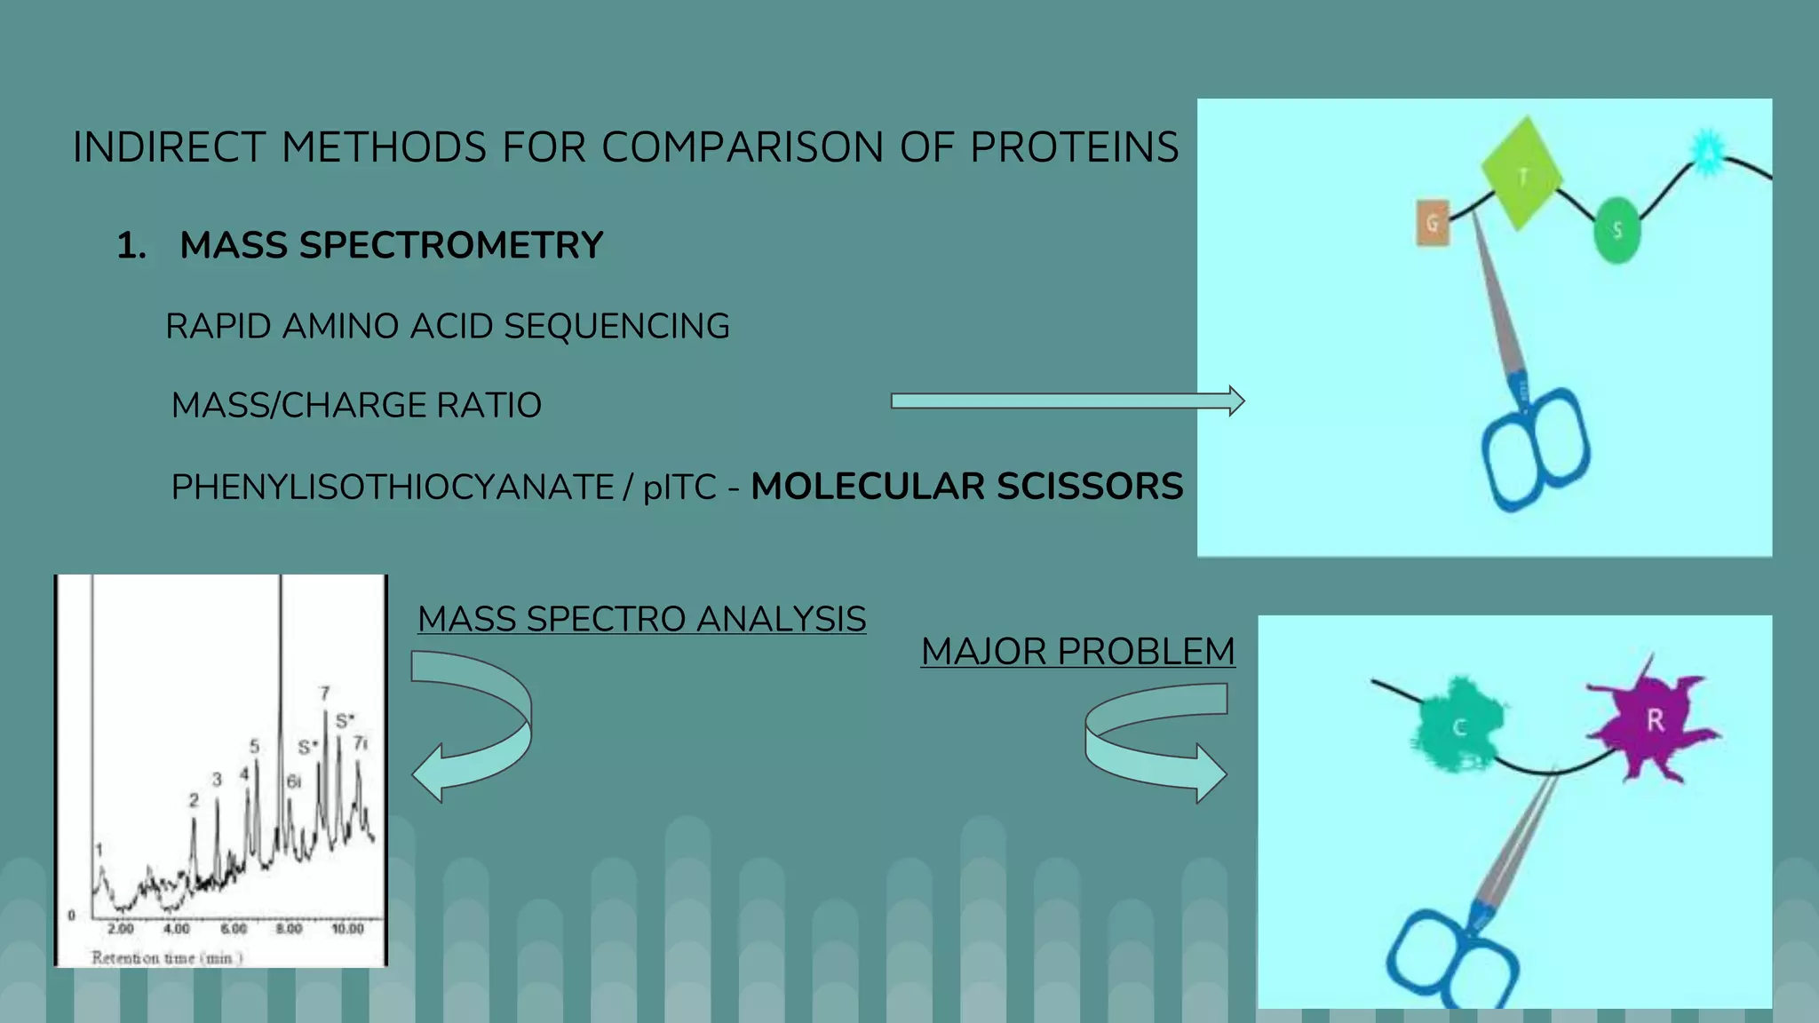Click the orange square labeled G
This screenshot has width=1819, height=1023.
(1432, 222)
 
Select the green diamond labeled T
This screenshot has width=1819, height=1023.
(1522, 174)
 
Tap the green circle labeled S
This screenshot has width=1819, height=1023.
(1616, 231)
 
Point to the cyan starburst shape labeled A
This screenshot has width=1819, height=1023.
(1707, 152)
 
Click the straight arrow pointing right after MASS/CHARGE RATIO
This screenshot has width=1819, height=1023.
(1066, 401)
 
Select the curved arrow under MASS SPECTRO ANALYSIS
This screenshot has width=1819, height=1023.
(480, 724)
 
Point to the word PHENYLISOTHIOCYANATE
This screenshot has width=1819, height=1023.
(392, 488)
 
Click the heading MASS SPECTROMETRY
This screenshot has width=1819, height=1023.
(391, 245)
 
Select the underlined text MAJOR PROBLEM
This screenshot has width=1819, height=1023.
(1077, 652)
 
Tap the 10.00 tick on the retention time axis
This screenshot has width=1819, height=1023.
(347, 929)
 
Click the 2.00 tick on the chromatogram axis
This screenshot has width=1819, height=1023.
(120, 929)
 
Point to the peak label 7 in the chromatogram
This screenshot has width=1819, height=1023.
(325, 693)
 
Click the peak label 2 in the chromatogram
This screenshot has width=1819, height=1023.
(194, 800)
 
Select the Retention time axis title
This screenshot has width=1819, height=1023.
(167, 957)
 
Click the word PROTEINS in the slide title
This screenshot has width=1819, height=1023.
(1075, 147)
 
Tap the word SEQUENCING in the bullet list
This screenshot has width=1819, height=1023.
(616, 327)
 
